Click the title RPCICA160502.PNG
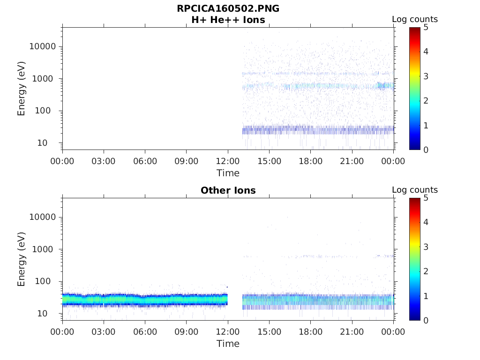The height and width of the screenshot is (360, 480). tap(228, 8)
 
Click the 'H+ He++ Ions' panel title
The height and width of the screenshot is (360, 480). tap(228, 20)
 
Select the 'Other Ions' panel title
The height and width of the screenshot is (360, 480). tap(228, 190)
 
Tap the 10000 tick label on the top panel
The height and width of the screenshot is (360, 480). tap(43, 47)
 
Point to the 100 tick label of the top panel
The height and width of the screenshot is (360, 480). tap(47, 111)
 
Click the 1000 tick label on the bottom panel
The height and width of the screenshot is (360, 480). tap(45, 249)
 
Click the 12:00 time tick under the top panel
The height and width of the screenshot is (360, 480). tap(228, 161)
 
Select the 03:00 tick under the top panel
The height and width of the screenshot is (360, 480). tap(104, 161)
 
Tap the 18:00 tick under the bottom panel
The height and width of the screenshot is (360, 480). tap(311, 332)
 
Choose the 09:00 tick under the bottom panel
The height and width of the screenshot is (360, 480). tap(187, 332)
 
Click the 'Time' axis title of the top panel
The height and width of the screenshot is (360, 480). tap(228, 173)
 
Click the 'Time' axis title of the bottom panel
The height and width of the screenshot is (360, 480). tap(228, 344)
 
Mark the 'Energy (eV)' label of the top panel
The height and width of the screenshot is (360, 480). tap(22, 89)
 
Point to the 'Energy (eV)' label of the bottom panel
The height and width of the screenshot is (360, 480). tap(22, 259)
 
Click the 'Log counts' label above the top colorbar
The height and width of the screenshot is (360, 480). tap(415, 20)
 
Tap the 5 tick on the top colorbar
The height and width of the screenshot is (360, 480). tap(426, 27)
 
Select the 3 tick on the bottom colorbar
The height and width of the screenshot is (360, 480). tap(426, 247)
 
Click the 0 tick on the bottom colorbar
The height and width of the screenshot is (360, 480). tap(426, 320)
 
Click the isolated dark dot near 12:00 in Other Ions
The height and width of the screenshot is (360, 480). tap(227, 287)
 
